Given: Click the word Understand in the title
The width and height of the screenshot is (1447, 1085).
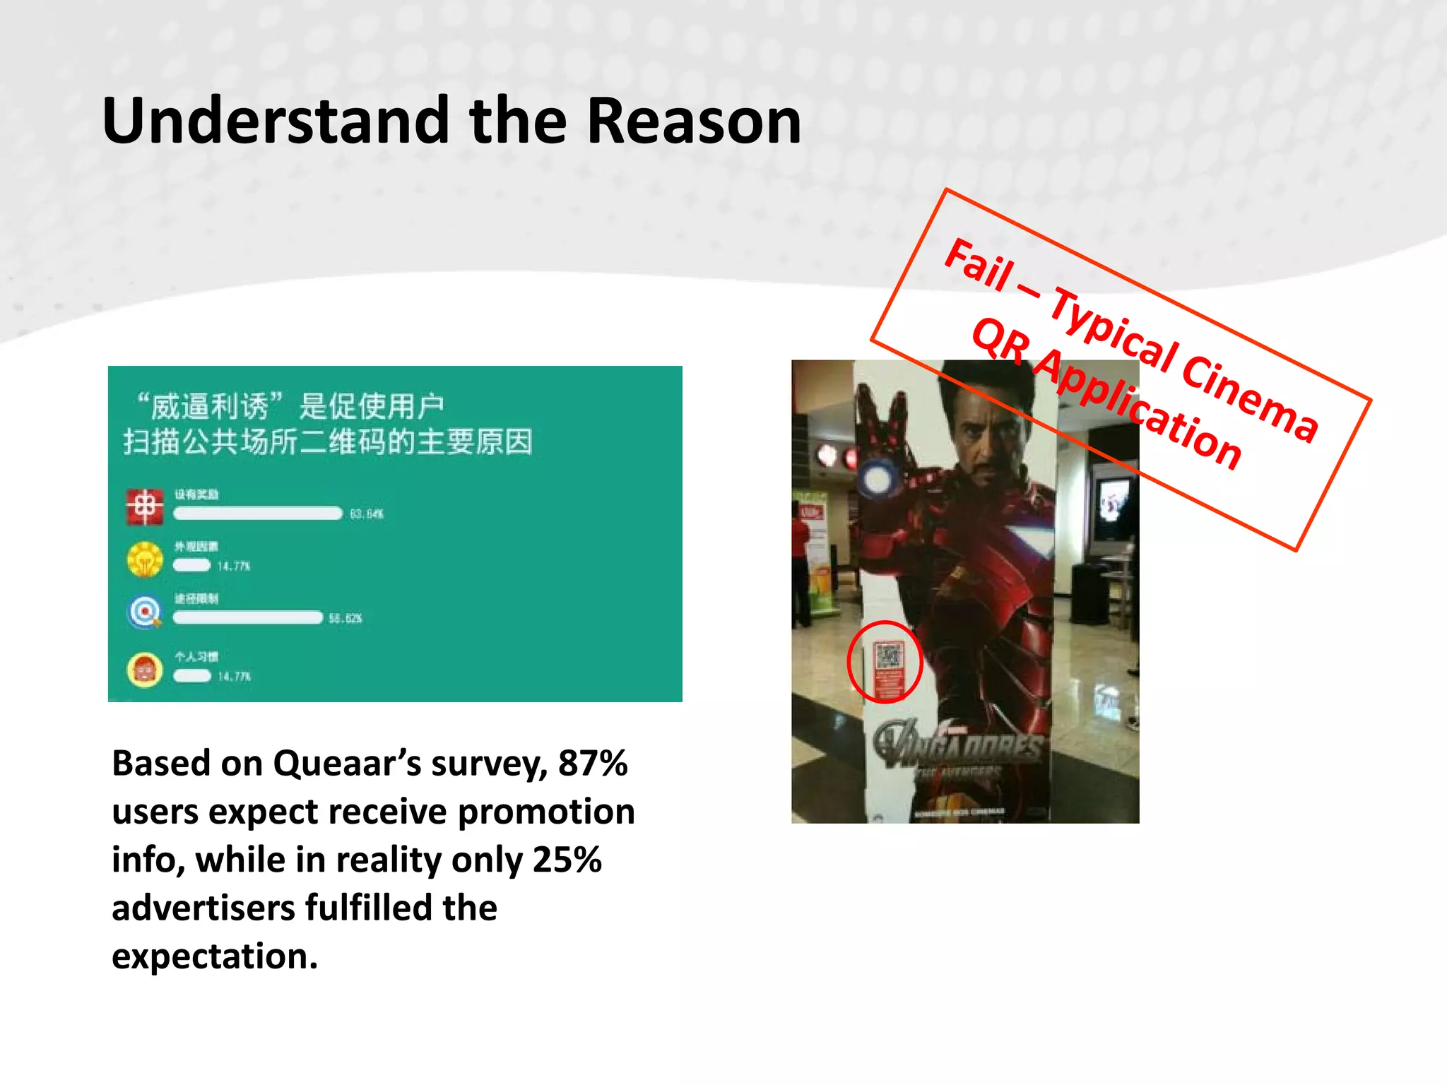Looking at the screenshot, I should pyautogui.click(x=276, y=121).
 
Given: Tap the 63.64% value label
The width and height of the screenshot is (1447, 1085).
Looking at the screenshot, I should pyautogui.click(x=367, y=514).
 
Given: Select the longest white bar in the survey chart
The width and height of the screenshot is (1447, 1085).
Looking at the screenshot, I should pyautogui.click(x=258, y=514).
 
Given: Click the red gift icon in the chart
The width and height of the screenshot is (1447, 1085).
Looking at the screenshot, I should pyautogui.click(x=144, y=507).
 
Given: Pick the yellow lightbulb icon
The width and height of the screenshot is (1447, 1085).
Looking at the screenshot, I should pyautogui.click(x=145, y=559).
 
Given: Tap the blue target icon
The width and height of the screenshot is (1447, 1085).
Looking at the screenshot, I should pyautogui.click(x=145, y=611).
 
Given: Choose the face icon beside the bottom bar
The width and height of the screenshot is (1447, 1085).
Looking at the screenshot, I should pyautogui.click(x=145, y=670).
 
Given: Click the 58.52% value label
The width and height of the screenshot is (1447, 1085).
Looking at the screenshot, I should pyautogui.click(x=345, y=619).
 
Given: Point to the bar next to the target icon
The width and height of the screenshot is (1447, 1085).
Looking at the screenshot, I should pyautogui.click(x=248, y=618).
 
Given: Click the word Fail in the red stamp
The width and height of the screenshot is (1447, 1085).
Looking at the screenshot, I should pyautogui.click(x=980, y=266).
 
